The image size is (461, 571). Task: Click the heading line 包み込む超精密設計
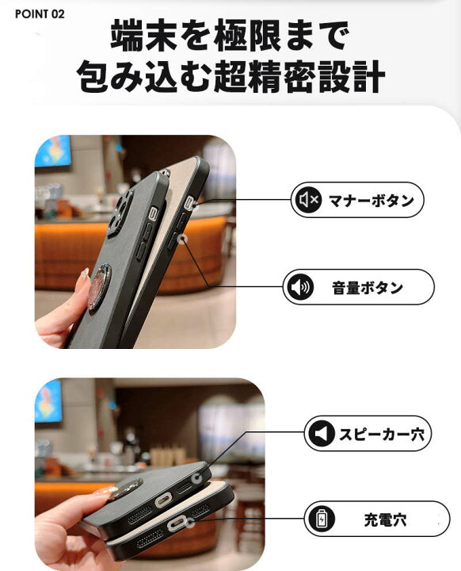point(230,80)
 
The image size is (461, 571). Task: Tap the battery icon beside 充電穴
point(321,519)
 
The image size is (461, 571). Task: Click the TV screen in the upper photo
point(52,150)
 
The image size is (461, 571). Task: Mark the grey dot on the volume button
point(183,237)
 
